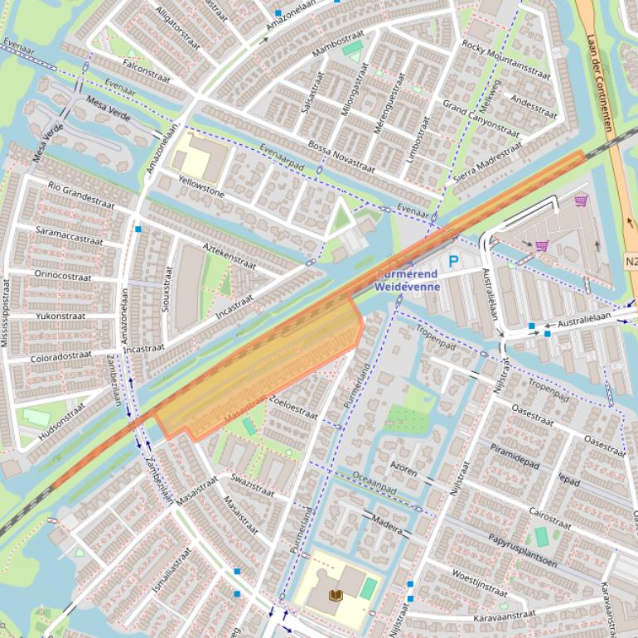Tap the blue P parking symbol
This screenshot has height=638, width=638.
453,261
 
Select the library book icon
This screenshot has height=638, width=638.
336,595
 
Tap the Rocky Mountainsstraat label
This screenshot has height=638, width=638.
505,59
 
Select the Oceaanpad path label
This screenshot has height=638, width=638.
374,483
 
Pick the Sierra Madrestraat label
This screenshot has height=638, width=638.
488,162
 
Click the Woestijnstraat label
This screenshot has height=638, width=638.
479,582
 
